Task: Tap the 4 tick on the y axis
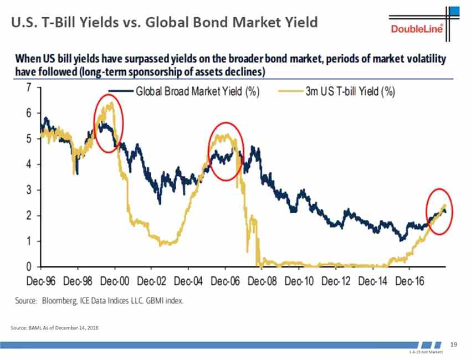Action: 28,164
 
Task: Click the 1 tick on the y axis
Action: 28,241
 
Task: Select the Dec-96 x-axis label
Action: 39,281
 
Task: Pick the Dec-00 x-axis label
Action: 114,281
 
